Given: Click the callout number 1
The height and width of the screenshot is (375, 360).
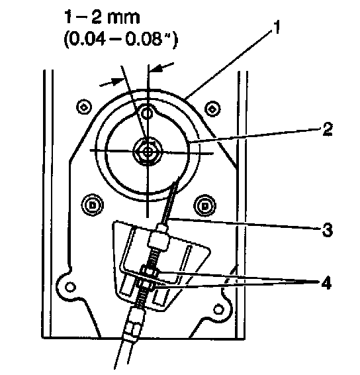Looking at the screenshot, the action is coord(275,27).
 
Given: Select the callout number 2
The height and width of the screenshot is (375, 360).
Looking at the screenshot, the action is coord(327,129).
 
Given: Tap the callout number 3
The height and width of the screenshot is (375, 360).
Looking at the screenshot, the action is coord(328,230).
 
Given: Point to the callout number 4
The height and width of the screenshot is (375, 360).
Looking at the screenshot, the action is coord(326,283).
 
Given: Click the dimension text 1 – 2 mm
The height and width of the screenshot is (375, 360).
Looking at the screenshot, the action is coord(103,17).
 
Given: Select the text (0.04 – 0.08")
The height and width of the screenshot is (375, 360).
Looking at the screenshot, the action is coord(120,39).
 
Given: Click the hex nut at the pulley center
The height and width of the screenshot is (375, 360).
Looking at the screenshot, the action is coord(148,152).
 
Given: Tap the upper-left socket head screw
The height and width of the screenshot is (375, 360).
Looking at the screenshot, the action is coord(84,107).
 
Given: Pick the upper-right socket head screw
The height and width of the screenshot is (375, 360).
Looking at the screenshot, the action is coord(212,109).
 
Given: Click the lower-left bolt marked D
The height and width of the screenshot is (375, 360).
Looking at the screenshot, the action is coord(92,205).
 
